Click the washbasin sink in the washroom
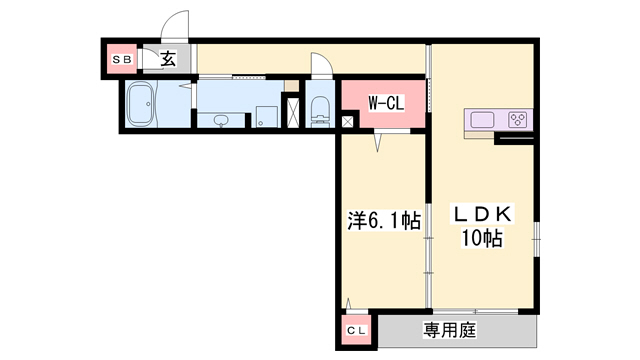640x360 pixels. pos(221,120)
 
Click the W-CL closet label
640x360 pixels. pos(383,102)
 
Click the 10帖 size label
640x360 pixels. pos(482,239)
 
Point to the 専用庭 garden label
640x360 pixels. pos(449,329)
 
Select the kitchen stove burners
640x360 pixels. pos(518,120)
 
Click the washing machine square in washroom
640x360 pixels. pos(267,116)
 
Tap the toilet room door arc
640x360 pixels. pos(320,64)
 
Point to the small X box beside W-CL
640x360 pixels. pos(347,121)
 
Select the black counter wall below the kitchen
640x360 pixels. pos(514,138)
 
